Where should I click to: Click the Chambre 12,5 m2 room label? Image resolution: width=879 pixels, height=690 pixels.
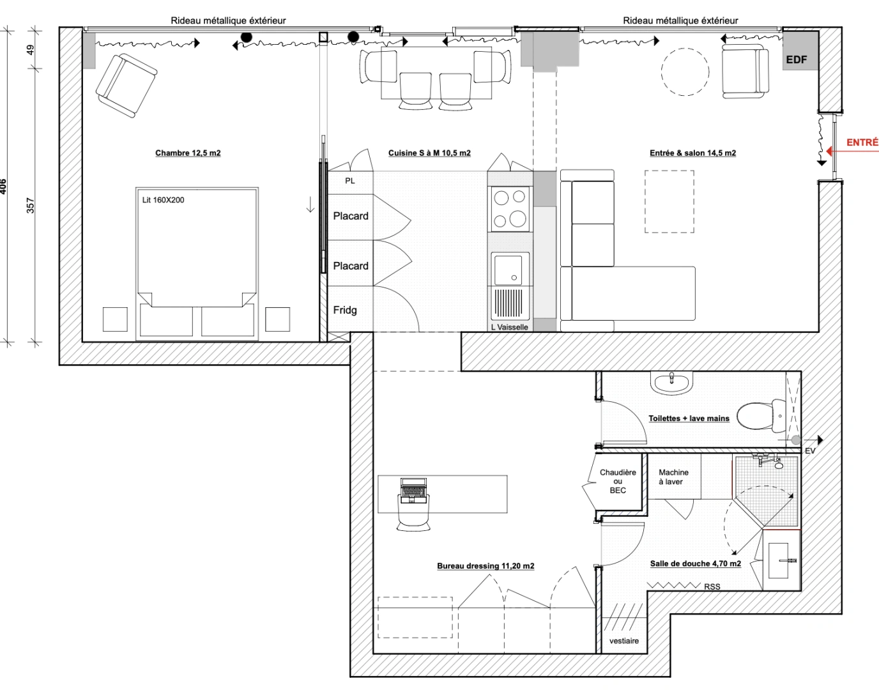coord(188,153)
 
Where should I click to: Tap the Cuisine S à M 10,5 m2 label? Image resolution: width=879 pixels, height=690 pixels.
coord(429,153)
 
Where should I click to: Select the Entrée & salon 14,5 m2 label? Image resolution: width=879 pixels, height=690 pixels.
coord(692,153)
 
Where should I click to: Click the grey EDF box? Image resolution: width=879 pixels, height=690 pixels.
coord(797,59)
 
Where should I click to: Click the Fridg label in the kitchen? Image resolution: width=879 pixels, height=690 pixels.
coord(345,310)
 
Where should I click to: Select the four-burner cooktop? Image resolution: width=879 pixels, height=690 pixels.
coord(510,209)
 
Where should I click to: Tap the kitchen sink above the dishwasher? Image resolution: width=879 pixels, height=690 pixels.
coord(508,269)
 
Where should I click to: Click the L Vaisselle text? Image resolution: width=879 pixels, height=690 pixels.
coord(510,327)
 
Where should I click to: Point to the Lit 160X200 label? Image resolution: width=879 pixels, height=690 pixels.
coord(163,200)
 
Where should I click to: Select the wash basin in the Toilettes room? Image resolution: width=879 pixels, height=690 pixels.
coord(671,383)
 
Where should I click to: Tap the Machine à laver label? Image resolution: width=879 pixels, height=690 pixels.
coord(673,477)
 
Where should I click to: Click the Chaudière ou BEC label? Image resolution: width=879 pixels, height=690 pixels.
coord(618,481)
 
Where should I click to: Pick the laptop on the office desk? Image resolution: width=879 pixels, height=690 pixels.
coord(413,490)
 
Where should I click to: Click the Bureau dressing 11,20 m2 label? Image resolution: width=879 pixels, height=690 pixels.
coord(485,565)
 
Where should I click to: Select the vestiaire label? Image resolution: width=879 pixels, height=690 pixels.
coord(623,641)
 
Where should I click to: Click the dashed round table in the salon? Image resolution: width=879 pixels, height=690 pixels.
coord(685,72)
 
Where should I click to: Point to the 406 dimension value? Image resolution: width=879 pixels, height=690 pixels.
coord(3,186)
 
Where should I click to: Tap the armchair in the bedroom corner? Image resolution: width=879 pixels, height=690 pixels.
coord(126,85)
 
